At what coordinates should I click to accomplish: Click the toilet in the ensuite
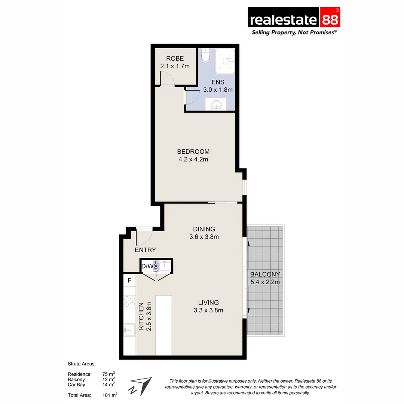[x=205, y=56]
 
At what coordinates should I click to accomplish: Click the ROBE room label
[x=175, y=59]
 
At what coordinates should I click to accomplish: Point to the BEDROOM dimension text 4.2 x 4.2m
[x=193, y=159]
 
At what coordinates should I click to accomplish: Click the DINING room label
[x=204, y=229]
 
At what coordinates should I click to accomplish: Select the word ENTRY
[x=145, y=250]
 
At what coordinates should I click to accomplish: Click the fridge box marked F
[x=129, y=280]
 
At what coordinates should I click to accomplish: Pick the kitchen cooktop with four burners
[x=129, y=302]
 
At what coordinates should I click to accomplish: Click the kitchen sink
[x=129, y=330]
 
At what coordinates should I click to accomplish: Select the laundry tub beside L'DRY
[x=165, y=266]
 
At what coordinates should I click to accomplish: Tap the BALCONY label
[x=265, y=274]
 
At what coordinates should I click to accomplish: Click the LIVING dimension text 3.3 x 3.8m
[x=208, y=310]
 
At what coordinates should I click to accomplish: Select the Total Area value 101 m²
[x=110, y=395]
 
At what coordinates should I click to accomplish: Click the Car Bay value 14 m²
[x=108, y=384]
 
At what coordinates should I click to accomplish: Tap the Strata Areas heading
[x=82, y=364]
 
